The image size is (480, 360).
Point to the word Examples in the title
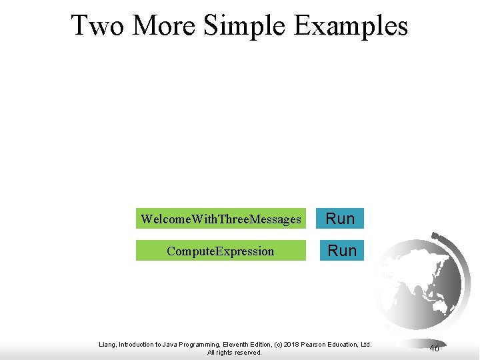[x=351, y=26]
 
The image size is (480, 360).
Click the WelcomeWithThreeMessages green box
[x=221, y=219]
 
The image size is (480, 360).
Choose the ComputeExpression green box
[x=221, y=251]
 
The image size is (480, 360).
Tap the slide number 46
[x=434, y=348]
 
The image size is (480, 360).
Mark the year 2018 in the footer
[x=289, y=344]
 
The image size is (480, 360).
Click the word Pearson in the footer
[x=313, y=344]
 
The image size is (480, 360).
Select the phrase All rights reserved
[x=235, y=353]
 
